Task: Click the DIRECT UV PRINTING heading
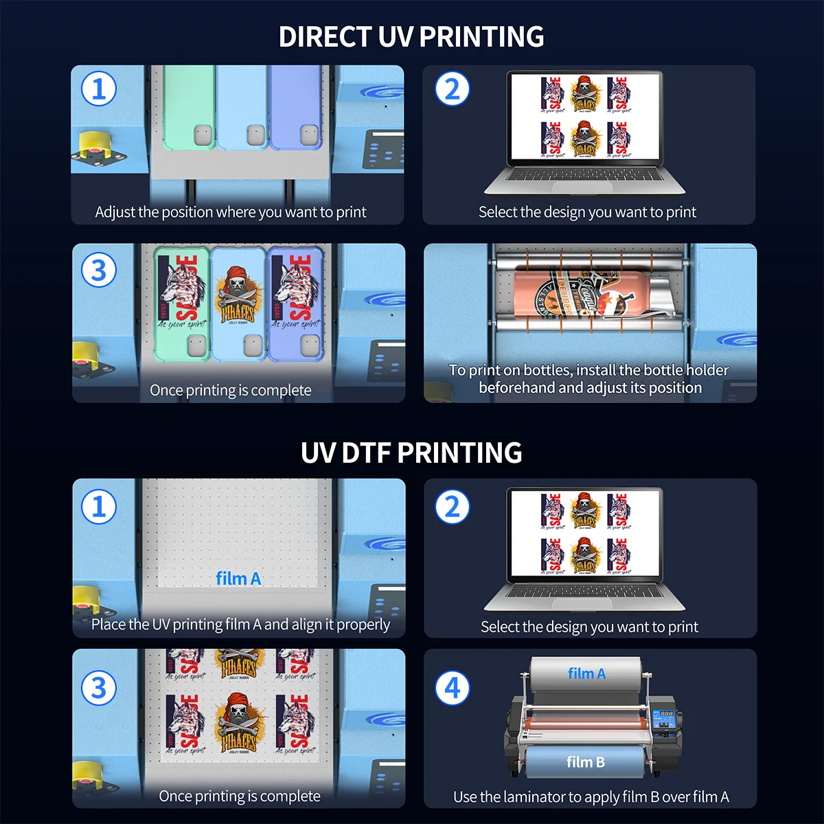click(411, 36)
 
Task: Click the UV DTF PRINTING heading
click(411, 453)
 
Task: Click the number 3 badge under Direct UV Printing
click(99, 270)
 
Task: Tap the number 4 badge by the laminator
click(453, 688)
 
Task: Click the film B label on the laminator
click(585, 762)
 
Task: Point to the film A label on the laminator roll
click(586, 674)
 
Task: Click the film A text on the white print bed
click(238, 579)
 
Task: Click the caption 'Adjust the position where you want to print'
click(231, 212)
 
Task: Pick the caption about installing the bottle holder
click(589, 379)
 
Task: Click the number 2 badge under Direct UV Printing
click(453, 89)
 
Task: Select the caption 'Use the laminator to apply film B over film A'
click(591, 797)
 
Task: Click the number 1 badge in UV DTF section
click(99, 507)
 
